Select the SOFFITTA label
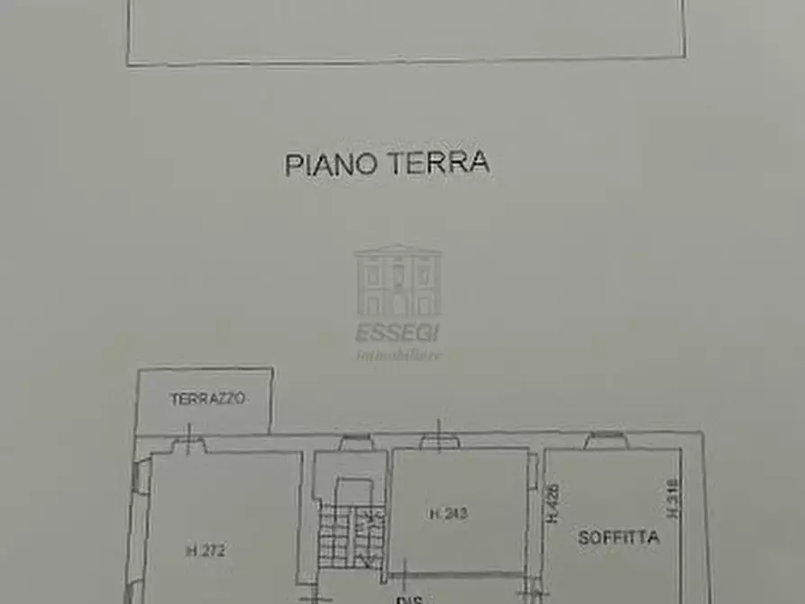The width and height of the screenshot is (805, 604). (x=619, y=538)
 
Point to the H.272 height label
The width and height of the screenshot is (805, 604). (x=206, y=551)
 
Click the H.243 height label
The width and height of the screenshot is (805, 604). (x=448, y=515)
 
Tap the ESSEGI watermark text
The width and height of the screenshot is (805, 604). (x=398, y=333)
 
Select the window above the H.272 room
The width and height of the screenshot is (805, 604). (x=189, y=443)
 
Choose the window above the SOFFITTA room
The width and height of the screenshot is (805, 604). (x=604, y=441)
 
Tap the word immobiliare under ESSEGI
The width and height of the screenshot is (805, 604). (x=398, y=354)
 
